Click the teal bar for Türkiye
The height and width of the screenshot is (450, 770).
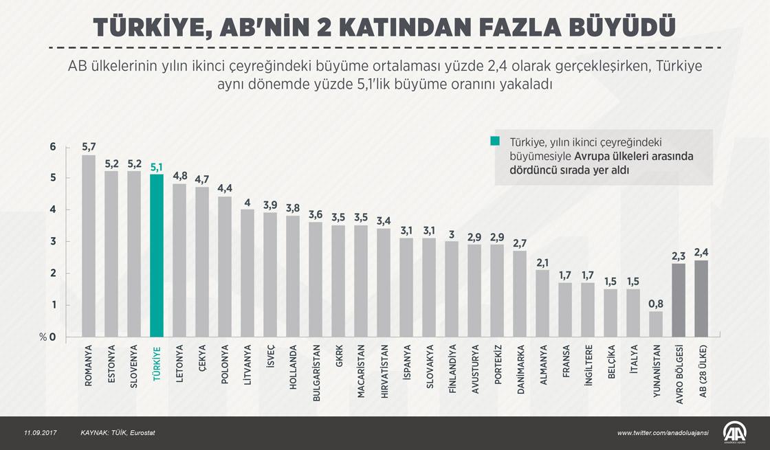(x=156, y=256)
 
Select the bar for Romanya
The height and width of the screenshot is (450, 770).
(x=89, y=246)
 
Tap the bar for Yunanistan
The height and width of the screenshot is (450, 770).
(x=657, y=324)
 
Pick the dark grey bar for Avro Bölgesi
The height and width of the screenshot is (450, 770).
(x=679, y=300)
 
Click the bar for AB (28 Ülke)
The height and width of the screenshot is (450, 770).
(x=702, y=298)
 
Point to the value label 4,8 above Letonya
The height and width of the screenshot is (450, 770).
(x=179, y=175)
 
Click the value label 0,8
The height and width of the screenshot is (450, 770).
(x=657, y=303)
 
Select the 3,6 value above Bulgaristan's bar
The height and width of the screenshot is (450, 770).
(x=315, y=214)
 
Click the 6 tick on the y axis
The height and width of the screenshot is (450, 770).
(x=53, y=146)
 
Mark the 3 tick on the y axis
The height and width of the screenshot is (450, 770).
(x=53, y=242)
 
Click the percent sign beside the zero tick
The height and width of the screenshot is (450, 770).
(x=43, y=337)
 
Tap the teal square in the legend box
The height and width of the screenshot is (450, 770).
(x=496, y=141)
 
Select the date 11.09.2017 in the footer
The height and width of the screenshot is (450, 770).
(x=41, y=433)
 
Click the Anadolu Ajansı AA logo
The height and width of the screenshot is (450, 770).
(x=735, y=431)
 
